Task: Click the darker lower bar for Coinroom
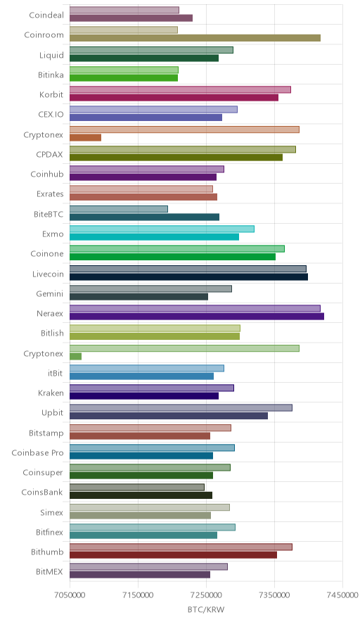(195, 38)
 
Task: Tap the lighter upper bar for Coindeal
(124, 10)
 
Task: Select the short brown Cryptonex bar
(85, 138)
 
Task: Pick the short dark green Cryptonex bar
(76, 356)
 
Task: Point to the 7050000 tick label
(70, 595)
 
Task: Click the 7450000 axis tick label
(342, 595)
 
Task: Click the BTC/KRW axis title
(206, 610)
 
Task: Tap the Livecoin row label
(48, 274)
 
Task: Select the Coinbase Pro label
(38, 452)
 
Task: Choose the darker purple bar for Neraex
(197, 316)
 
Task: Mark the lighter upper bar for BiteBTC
(119, 209)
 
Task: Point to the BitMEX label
(49, 571)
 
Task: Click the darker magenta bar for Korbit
(174, 98)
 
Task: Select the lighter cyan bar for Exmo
(162, 229)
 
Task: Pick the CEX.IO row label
(51, 115)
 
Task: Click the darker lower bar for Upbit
(169, 416)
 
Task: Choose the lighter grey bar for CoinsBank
(137, 487)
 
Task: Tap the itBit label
(55, 374)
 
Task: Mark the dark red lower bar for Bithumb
(173, 555)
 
